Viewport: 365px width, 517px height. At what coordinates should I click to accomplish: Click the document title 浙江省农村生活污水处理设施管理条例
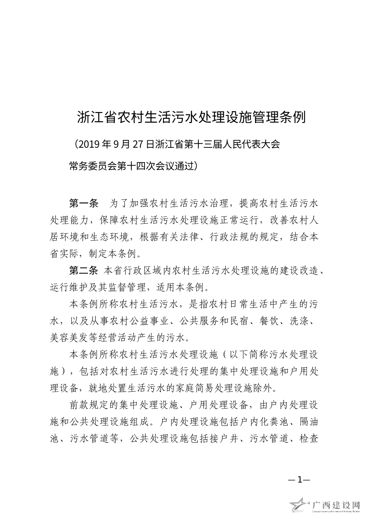191,117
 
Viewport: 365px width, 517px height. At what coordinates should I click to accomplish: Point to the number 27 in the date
137,144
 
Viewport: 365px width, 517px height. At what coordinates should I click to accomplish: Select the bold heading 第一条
84,203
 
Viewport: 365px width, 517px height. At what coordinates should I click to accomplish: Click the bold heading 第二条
84,271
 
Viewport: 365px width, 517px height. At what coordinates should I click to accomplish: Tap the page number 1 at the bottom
300,479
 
